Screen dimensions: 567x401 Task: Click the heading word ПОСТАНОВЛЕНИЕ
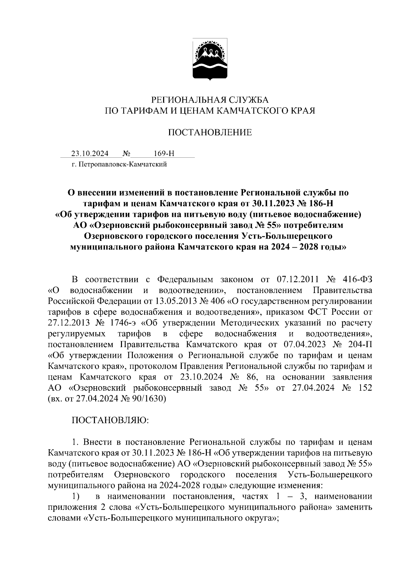210,133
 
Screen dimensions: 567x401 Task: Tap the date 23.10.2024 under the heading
90,154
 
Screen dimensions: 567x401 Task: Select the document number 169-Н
164,154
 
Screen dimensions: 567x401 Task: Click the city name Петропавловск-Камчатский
122,164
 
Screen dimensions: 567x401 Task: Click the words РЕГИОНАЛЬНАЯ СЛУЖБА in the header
210,99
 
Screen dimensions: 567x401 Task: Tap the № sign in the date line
127,154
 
